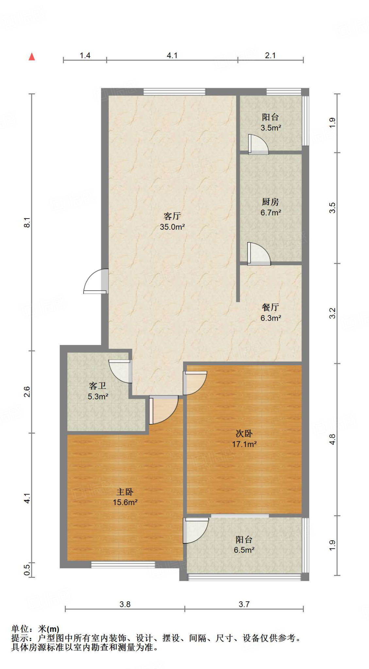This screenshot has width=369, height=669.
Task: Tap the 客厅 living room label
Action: click(x=172, y=216)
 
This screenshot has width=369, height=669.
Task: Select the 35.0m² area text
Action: click(x=172, y=227)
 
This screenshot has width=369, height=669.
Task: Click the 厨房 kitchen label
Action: click(x=270, y=202)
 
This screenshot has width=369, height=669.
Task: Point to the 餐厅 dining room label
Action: click(x=270, y=307)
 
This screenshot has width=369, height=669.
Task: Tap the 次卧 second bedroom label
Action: click(x=244, y=433)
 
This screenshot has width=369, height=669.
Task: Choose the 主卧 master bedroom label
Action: click(x=125, y=492)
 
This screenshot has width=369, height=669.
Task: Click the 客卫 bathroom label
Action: click(x=98, y=386)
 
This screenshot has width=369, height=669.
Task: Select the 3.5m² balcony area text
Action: click(x=271, y=128)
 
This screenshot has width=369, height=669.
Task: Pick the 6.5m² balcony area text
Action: click(x=244, y=550)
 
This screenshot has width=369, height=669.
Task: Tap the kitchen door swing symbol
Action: click(x=258, y=253)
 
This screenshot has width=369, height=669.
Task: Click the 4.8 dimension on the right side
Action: click(x=332, y=439)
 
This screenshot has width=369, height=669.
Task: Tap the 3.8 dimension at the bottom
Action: click(x=125, y=604)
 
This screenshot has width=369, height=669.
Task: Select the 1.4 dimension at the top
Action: click(x=85, y=56)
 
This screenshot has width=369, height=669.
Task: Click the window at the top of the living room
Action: click(x=174, y=91)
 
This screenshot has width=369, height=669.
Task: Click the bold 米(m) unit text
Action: click(x=49, y=629)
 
